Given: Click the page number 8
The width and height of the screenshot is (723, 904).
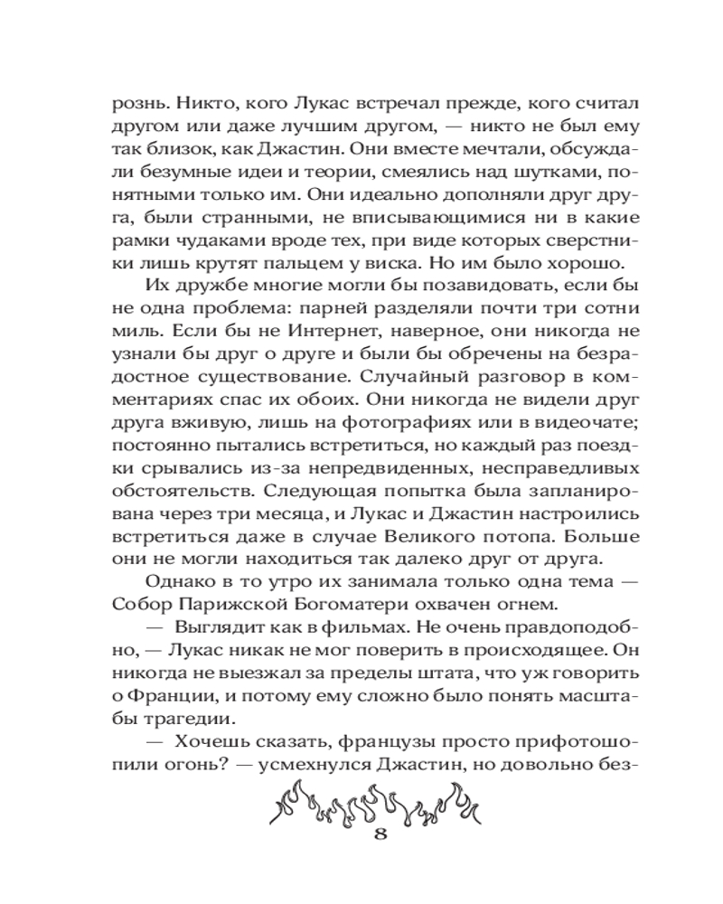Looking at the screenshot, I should (380, 834).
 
